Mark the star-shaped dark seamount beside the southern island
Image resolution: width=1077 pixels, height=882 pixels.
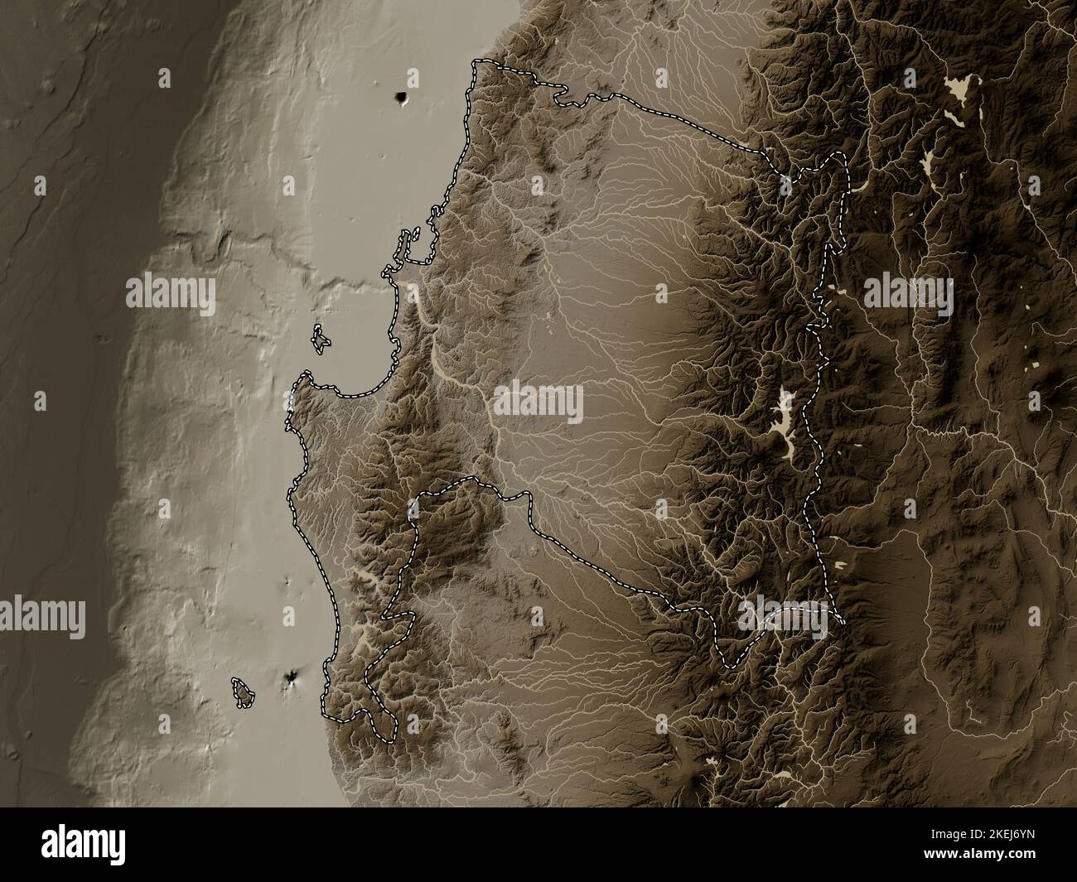tap(291, 680)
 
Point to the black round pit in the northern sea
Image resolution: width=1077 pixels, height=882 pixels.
tap(403, 99)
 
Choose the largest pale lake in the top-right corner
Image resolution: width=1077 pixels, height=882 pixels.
tap(961, 86)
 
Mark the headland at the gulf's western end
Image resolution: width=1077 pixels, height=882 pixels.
tap(300, 383)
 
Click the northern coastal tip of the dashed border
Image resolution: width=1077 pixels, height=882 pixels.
tap(476, 64)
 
